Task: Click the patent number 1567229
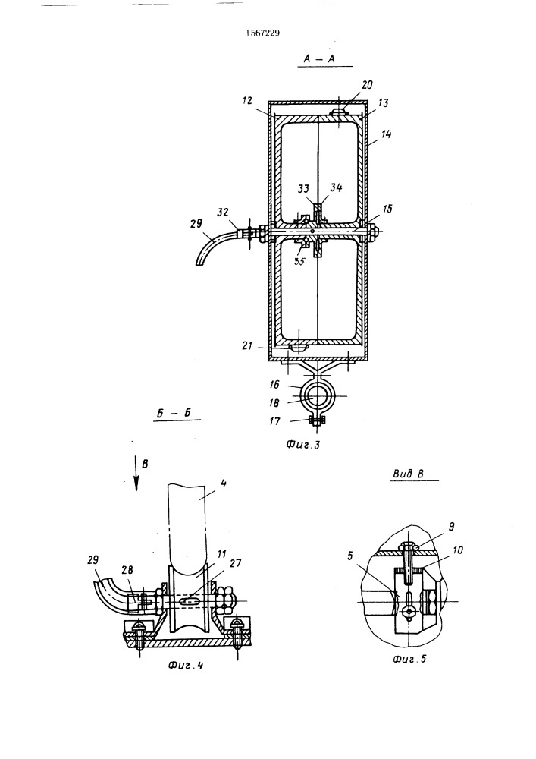(x=263, y=33)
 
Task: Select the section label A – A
(x=319, y=58)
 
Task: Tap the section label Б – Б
(x=174, y=414)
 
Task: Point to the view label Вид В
(x=409, y=474)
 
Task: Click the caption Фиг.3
(x=303, y=444)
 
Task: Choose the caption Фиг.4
(x=186, y=665)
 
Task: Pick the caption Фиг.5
(x=410, y=658)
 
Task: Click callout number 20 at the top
(x=367, y=85)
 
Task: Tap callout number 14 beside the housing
(x=386, y=134)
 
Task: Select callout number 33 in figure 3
(x=303, y=188)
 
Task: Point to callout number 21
(x=247, y=345)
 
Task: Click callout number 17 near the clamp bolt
(x=274, y=421)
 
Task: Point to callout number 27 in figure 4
(x=235, y=562)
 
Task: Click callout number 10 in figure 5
(x=458, y=550)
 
